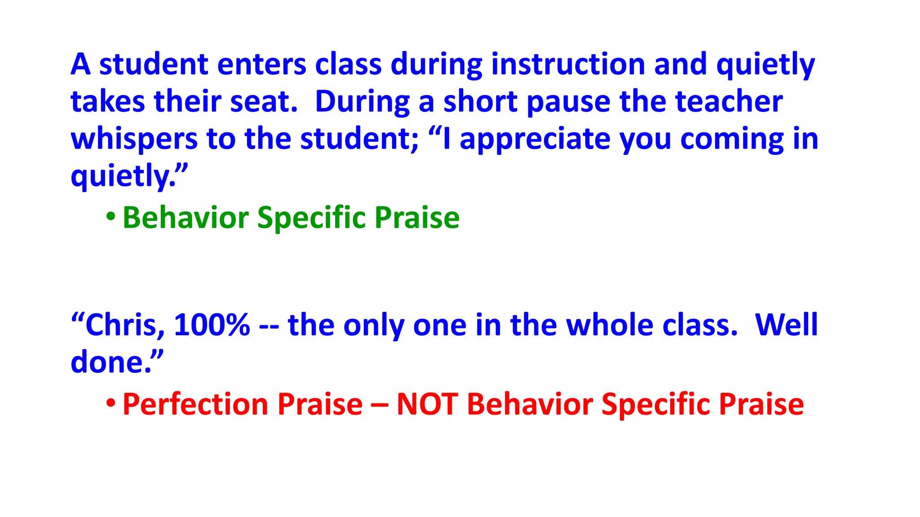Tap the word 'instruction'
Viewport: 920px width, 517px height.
coord(568,64)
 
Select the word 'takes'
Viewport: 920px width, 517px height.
coord(108,101)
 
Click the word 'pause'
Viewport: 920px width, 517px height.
coord(568,102)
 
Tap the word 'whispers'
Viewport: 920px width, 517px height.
coord(134,139)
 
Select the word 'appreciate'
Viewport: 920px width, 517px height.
coord(535,139)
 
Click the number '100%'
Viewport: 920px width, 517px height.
coord(212,325)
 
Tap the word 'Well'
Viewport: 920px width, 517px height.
coord(787,325)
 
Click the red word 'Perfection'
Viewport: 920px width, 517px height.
coord(195,404)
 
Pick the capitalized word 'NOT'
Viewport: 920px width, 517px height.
coord(427,404)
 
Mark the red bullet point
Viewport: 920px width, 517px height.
coord(111,404)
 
